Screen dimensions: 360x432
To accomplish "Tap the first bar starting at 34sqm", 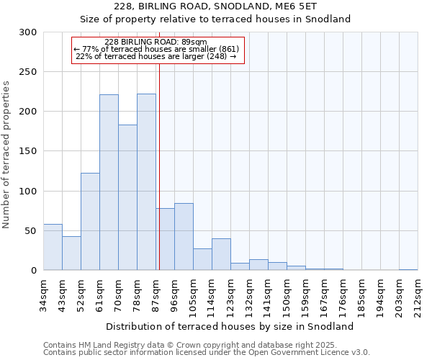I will (53, 247).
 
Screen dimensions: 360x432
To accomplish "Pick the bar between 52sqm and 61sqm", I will (90, 222).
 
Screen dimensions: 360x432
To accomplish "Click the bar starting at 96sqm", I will (184, 237).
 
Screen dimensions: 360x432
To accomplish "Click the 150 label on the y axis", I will (28, 151).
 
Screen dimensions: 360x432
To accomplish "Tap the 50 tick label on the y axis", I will (30, 231).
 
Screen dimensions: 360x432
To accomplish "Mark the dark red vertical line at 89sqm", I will (159, 166).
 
